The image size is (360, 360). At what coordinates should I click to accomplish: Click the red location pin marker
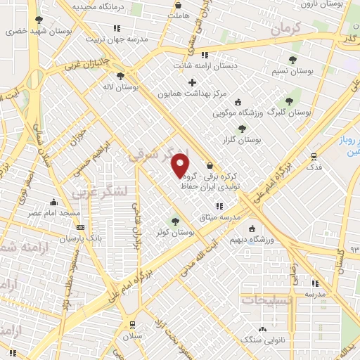coord(181,165)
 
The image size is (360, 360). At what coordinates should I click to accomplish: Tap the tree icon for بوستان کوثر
coord(175,221)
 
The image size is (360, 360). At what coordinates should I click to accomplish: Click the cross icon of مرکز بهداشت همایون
coord(192,82)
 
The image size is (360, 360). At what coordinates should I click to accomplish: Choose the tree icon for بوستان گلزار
coord(242,129)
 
